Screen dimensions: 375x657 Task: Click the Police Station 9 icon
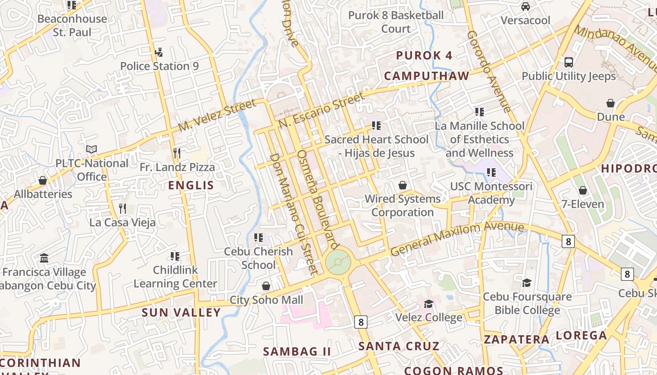point(159,52)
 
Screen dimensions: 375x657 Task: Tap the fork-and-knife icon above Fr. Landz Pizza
point(177,153)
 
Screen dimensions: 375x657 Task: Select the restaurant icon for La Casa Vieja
point(122,208)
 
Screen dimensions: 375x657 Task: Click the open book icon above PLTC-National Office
point(92,149)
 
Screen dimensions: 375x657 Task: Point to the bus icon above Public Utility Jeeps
point(568,62)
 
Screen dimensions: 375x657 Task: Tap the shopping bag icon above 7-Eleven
point(583,190)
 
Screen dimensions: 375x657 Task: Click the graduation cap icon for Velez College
point(428,304)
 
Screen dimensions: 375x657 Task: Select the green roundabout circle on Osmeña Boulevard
point(338,262)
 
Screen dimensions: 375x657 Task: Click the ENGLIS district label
point(191,185)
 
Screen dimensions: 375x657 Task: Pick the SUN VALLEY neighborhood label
point(181,313)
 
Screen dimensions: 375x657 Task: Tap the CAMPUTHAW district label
point(427,76)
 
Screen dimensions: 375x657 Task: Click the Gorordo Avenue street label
point(489,72)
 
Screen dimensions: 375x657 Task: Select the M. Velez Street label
point(217,115)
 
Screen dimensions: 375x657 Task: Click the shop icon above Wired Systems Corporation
point(402,185)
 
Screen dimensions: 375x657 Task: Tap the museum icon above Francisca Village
point(44,258)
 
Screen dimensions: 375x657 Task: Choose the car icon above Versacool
point(525,7)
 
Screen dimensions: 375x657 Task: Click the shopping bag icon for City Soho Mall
point(266,286)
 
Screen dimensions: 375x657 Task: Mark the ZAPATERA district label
point(516,339)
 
